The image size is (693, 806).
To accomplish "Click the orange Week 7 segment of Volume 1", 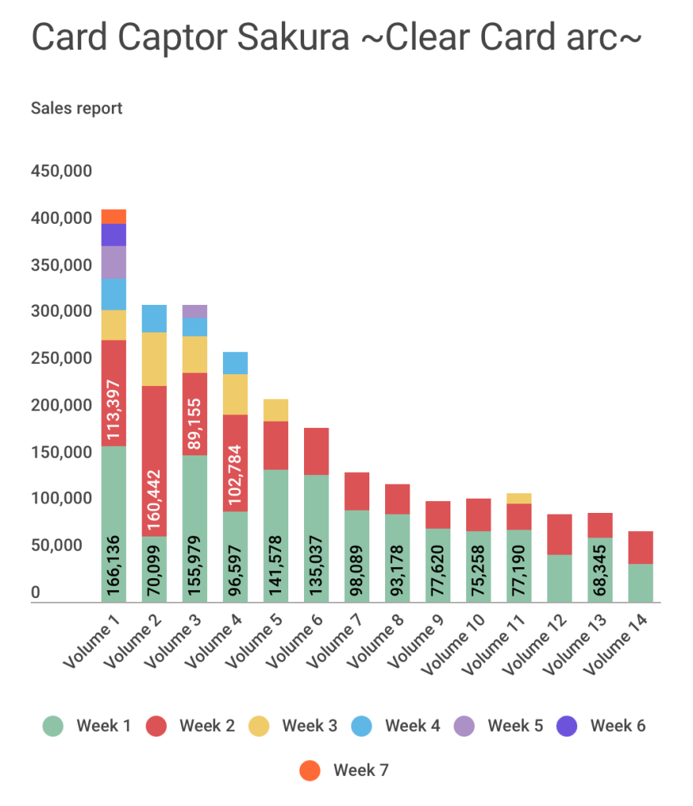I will [113, 217].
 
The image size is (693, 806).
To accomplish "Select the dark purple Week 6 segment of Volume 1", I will [113, 235].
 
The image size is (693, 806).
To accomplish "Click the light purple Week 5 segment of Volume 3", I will [195, 311].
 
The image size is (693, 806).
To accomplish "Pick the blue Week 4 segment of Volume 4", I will [235, 363].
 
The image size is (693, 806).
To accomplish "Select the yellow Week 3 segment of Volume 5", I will [276, 410].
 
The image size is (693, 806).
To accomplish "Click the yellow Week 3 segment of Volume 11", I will [519, 498].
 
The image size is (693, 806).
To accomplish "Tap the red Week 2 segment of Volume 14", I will [640, 548].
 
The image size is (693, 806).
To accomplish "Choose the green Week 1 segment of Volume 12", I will [559, 578].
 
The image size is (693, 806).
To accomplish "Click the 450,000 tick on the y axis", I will [61, 171].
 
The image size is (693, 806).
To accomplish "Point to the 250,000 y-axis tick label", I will [61, 358].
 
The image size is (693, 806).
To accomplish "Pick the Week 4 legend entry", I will [399, 726].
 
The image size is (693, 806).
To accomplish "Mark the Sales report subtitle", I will [76, 109].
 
